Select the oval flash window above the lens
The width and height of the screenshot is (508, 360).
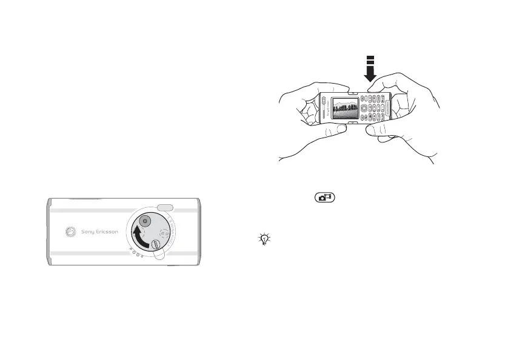(164, 207)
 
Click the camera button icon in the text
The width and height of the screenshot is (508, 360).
(326, 198)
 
